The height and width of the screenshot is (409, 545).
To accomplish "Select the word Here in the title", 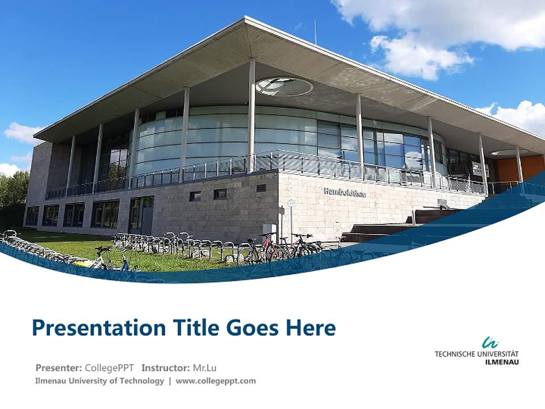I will click(x=311, y=328).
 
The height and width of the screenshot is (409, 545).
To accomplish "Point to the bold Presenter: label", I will click(x=59, y=368).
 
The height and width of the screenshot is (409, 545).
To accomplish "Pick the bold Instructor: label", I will click(x=165, y=368).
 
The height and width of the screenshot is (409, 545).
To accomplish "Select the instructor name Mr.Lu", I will click(x=205, y=368).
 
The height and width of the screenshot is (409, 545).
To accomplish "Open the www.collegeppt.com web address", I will click(x=216, y=381).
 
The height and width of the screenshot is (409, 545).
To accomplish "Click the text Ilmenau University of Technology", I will click(x=99, y=381).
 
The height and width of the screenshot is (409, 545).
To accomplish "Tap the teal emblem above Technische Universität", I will click(x=490, y=343).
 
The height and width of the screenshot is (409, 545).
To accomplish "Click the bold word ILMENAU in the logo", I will click(x=502, y=362).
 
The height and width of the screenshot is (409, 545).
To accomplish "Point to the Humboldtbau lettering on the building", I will click(x=345, y=193).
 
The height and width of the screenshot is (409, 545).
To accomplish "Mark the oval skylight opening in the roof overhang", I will click(x=284, y=86).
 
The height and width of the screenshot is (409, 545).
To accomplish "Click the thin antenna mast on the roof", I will click(x=316, y=32).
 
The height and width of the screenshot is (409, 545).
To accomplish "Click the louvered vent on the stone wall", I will click(x=261, y=188).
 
